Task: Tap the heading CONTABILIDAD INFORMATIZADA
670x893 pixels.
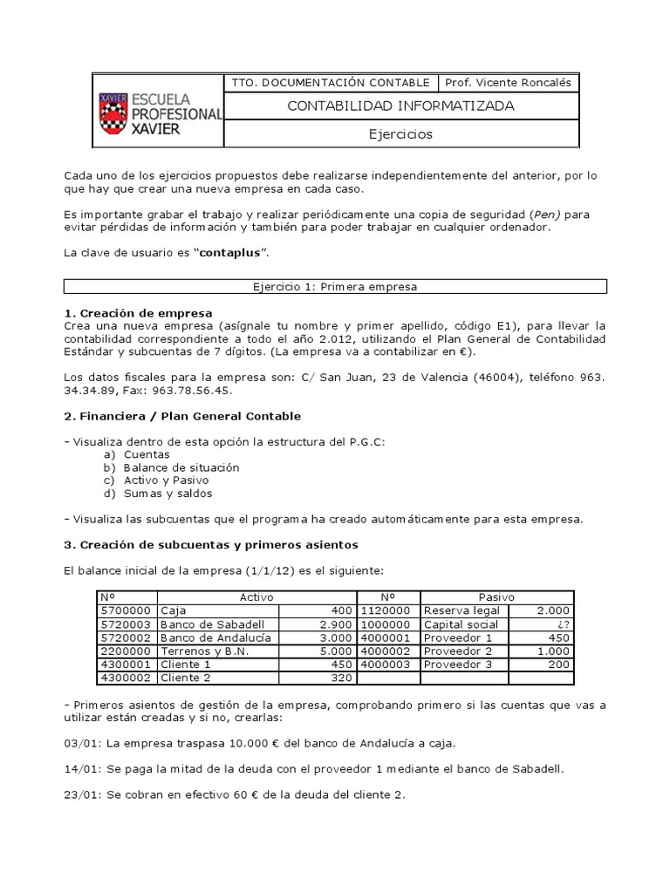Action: coord(400,106)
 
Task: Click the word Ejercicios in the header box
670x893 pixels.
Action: coord(400,134)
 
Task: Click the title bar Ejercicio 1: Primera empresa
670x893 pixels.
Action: coord(335,286)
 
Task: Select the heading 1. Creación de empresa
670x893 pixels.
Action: coord(138,312)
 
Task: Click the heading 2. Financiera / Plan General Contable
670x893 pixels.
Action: coord(182,416)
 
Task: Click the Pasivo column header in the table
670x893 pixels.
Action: coord(496,597)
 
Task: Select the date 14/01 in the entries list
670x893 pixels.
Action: coord(80,768)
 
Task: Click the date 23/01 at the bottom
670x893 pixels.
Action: coord(80,794)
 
